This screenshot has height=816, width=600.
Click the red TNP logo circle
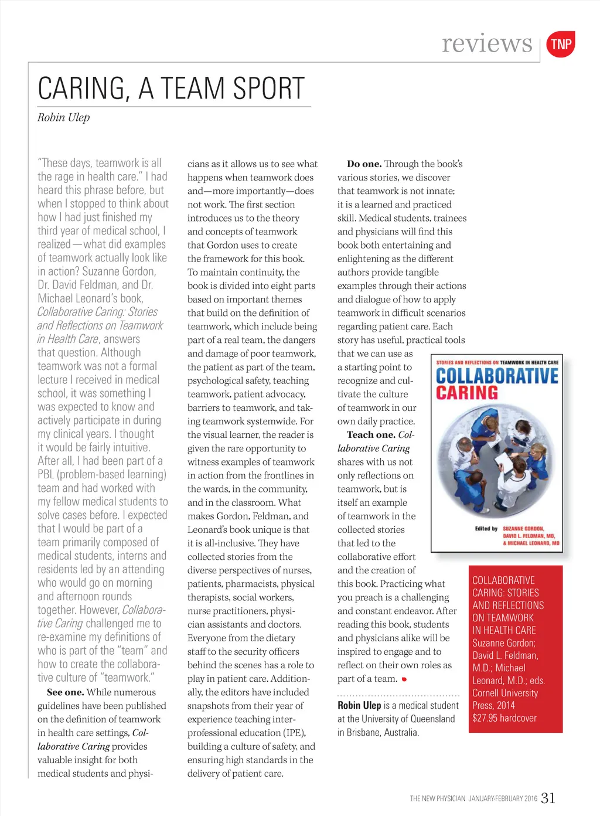coord(561,45)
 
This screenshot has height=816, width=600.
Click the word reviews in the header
coord(487,43)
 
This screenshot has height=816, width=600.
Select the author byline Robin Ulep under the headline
coord(63,117)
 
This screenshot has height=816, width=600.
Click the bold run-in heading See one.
coord(65,692)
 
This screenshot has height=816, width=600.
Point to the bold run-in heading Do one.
coord(364,164)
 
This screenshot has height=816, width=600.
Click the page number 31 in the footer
coord(548,798)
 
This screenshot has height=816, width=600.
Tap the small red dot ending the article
coord(404,679)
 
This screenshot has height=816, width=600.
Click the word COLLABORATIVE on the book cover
coord(497,376)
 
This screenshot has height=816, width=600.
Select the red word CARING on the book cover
coord(466,393)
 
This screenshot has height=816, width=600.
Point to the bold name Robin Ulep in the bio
coord(359,705)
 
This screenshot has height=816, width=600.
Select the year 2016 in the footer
coord(530,798)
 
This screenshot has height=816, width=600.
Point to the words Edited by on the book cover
coord(486,529)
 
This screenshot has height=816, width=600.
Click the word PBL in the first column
coord(46,474)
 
